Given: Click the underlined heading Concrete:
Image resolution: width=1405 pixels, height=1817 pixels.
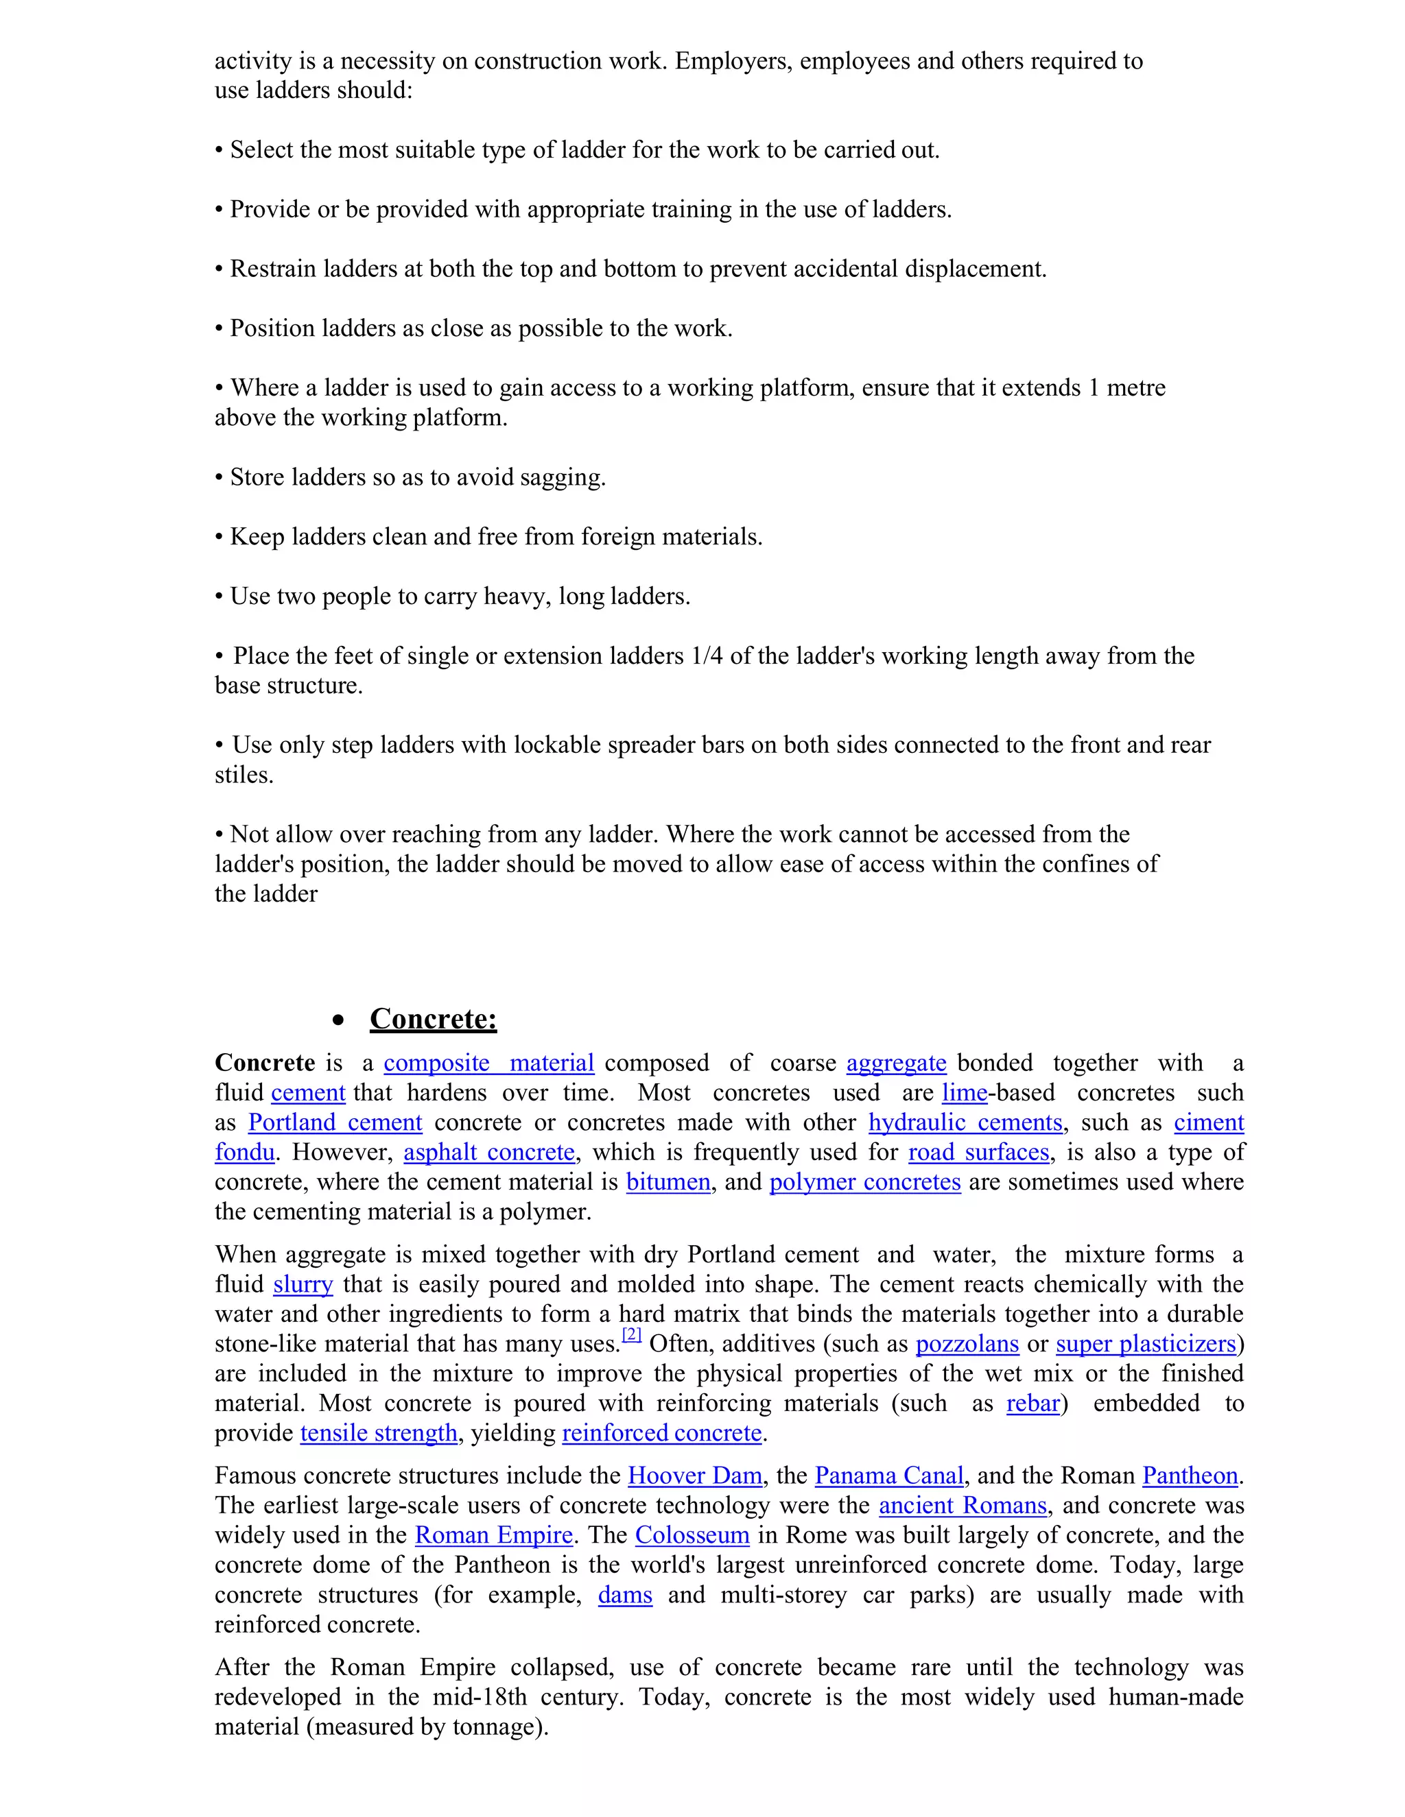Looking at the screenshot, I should [433, 1019].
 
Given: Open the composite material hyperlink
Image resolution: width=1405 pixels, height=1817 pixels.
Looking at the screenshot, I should [488, 1063].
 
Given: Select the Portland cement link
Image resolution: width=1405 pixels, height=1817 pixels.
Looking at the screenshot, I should [335, 1123].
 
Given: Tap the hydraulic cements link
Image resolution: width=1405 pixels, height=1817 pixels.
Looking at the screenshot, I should [965, 1123].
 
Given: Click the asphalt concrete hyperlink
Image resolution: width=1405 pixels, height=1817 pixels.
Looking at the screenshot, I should [488, 1153].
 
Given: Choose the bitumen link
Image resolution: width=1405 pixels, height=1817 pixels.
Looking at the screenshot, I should [668, 1182].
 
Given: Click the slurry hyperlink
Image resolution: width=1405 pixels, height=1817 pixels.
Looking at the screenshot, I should [303, 1284].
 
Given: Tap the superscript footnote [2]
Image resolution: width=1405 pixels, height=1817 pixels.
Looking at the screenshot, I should [632, 1335].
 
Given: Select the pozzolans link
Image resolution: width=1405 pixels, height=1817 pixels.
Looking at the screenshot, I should [967, 1345].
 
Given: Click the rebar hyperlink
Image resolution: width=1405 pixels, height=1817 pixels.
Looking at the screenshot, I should [1032, 1404].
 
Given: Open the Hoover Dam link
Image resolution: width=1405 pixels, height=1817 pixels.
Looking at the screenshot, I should [694, 1476].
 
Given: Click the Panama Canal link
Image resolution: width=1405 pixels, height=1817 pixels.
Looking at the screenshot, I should [888, 1476].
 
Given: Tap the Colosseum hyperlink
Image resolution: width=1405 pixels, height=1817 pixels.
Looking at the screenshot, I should [692, 1535].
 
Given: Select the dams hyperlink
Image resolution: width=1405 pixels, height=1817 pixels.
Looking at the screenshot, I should [624, 1595].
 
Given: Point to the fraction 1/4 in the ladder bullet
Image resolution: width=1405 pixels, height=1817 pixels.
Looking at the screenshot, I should [706, 656].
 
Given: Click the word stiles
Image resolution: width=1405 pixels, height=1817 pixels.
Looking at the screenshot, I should [243, 775].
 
